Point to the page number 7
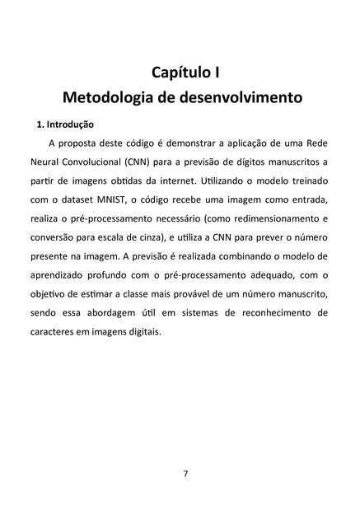click(x=185, y=474)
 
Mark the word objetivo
click(x=50, y=297)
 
